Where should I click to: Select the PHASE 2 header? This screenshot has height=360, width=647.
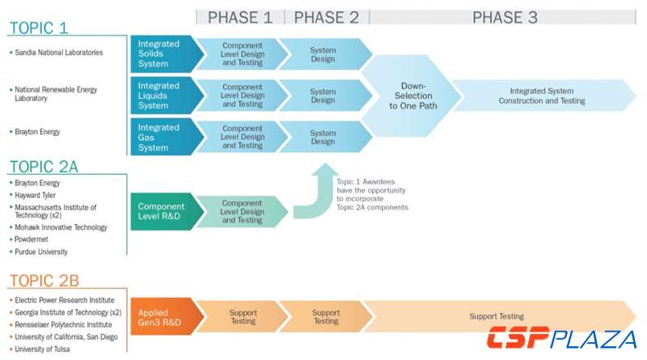click(x=326, y=17)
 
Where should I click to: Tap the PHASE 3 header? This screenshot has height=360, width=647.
click(x=505, y=17)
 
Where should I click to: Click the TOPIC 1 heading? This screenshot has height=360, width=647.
click(x=39, y=28)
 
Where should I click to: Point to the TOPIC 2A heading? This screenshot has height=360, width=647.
click(x=44, y=167)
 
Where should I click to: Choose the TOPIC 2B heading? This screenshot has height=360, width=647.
click(x=44, y=281)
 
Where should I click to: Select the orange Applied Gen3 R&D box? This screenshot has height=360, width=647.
click(x=159, y=316)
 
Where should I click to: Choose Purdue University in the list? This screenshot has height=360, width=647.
click(x=41, y=252)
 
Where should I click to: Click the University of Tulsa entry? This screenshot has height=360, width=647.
click(x=42, y=349)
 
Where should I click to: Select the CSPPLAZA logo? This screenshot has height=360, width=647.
click(x=561, y=337)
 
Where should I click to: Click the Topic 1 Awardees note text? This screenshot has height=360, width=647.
click(x=371, y=195)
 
